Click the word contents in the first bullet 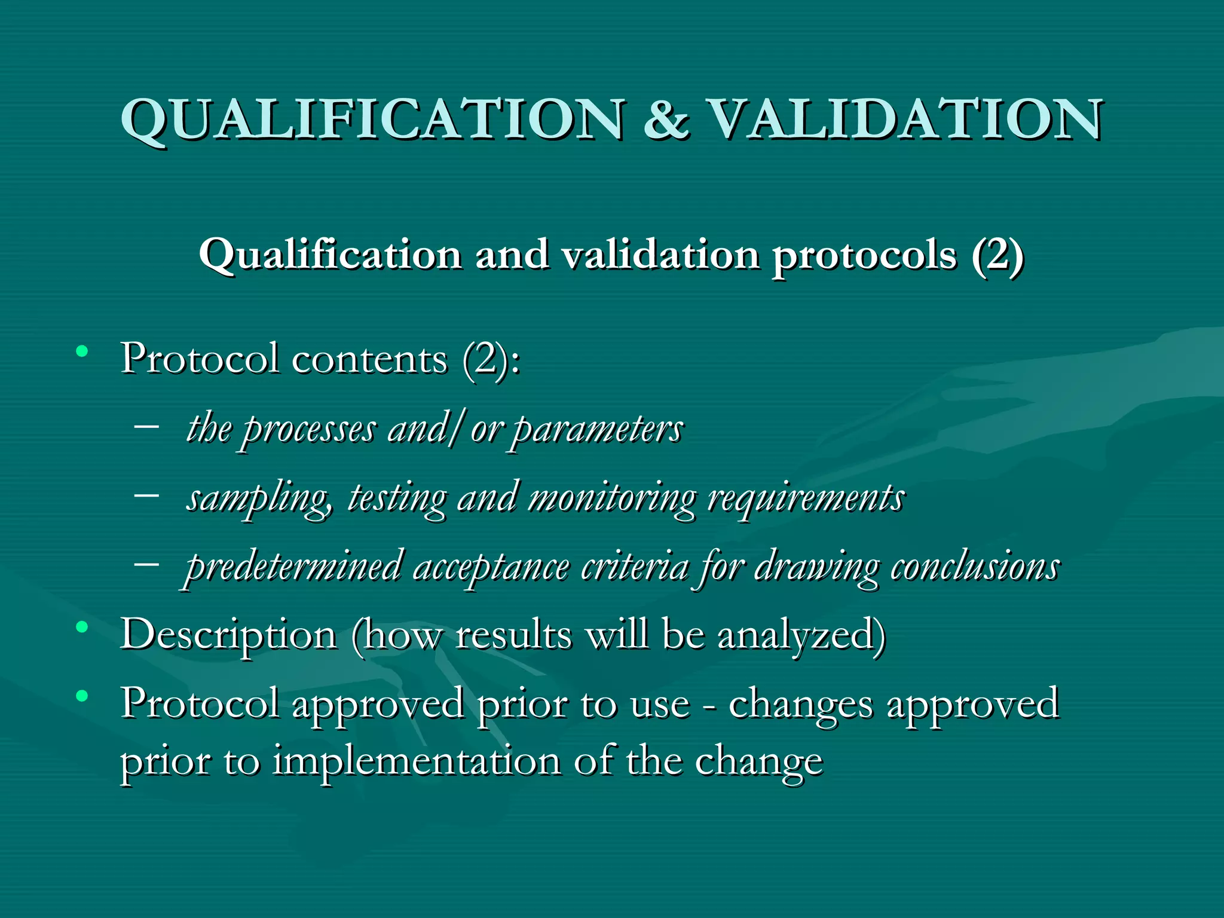point(369,360)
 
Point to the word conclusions point(975,567)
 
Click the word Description point(228,635)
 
